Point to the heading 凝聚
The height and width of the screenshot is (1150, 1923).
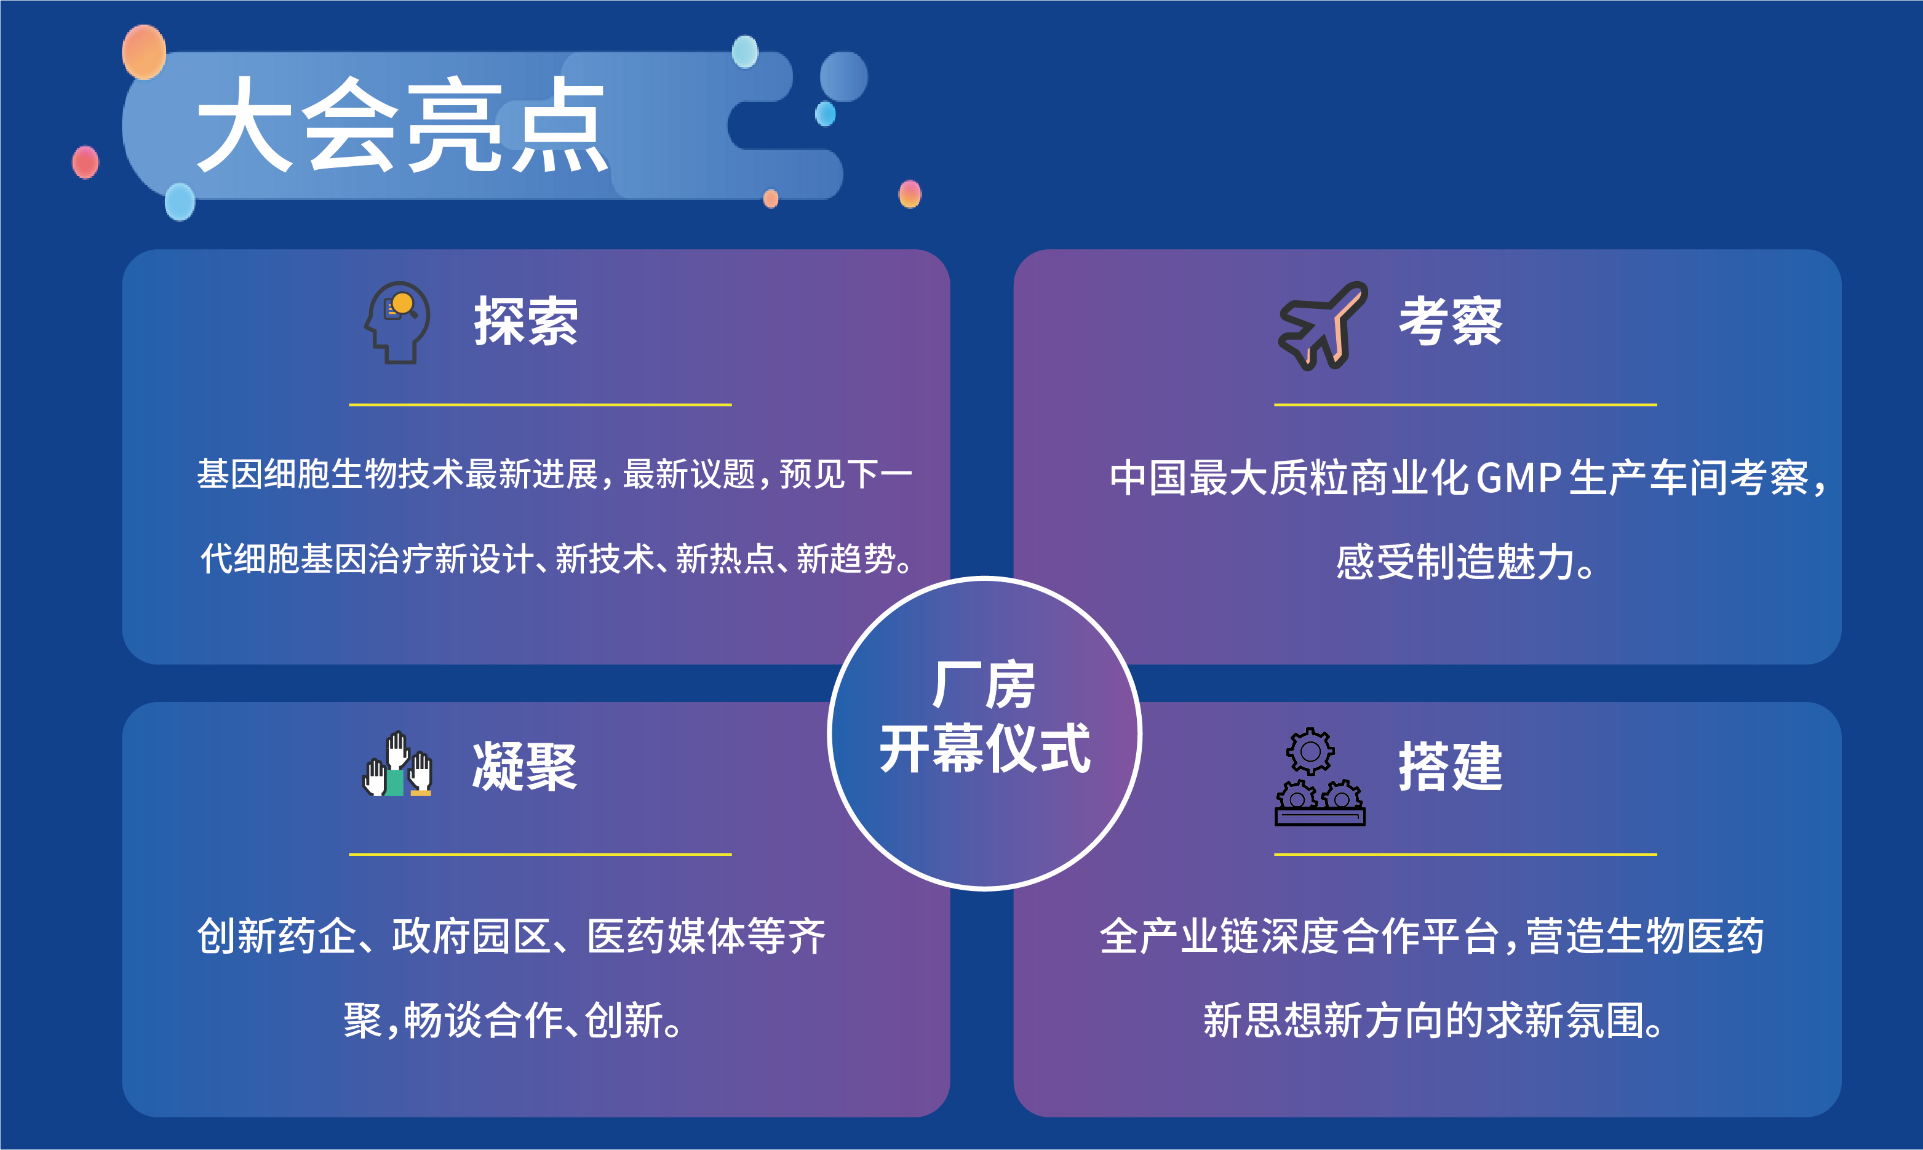point(525,767)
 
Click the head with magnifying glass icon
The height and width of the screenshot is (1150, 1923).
point(397,322)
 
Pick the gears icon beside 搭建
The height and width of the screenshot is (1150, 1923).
point(1320,777)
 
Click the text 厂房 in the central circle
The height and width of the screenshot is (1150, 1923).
point(984,685)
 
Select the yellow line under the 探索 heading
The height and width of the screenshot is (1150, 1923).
point(540,404)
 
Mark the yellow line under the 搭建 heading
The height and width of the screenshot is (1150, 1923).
point(1465,854)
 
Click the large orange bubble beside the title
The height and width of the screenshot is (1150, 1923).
point(144,52)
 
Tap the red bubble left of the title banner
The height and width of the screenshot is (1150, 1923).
point(86,162)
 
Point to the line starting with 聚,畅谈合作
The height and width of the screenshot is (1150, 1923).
point(513,1020)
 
